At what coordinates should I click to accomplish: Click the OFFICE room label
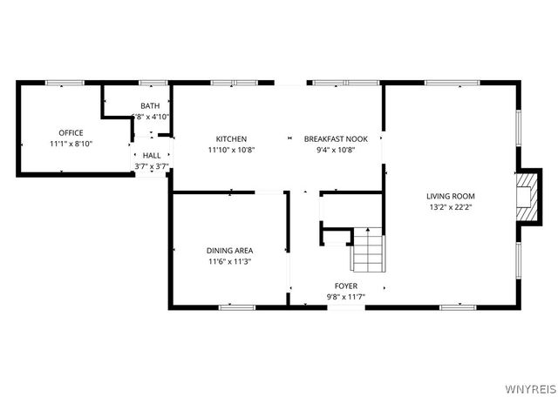71,133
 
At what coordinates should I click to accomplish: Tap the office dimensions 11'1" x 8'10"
71,144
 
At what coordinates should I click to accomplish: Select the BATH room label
150,106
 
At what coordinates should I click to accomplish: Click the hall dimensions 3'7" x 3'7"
151,165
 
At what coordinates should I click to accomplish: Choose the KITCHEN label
231,139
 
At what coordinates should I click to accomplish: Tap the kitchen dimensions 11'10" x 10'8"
231,150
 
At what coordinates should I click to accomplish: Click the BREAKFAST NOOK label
330,139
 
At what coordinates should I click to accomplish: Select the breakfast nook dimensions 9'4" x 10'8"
330,150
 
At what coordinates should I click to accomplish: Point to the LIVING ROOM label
451,196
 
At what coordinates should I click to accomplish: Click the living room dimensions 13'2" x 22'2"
451,207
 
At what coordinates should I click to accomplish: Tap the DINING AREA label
230,251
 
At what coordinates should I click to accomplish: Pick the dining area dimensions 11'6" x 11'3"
230,261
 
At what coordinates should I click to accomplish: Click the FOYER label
346,286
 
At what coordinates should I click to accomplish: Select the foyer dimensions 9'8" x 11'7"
346,296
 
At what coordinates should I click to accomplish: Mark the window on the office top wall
65,83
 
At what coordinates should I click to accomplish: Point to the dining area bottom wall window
235,306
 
